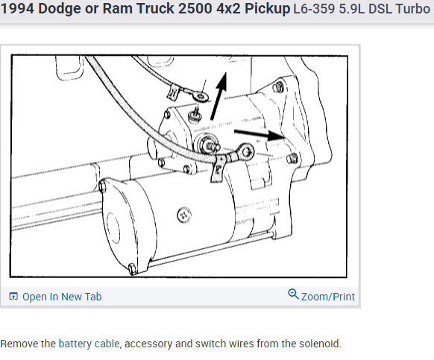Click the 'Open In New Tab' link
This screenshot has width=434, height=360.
click(62, 297)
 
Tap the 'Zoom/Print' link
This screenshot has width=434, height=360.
click(327, 297)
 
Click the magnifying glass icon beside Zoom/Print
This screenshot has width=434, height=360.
click(293, 294)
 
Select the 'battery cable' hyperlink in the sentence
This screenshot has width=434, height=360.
click(89, 344)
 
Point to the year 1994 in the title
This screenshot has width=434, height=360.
click(17, 9)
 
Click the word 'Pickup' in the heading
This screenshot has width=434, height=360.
click(267, 9)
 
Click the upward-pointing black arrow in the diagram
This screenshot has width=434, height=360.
click(218, 96)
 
